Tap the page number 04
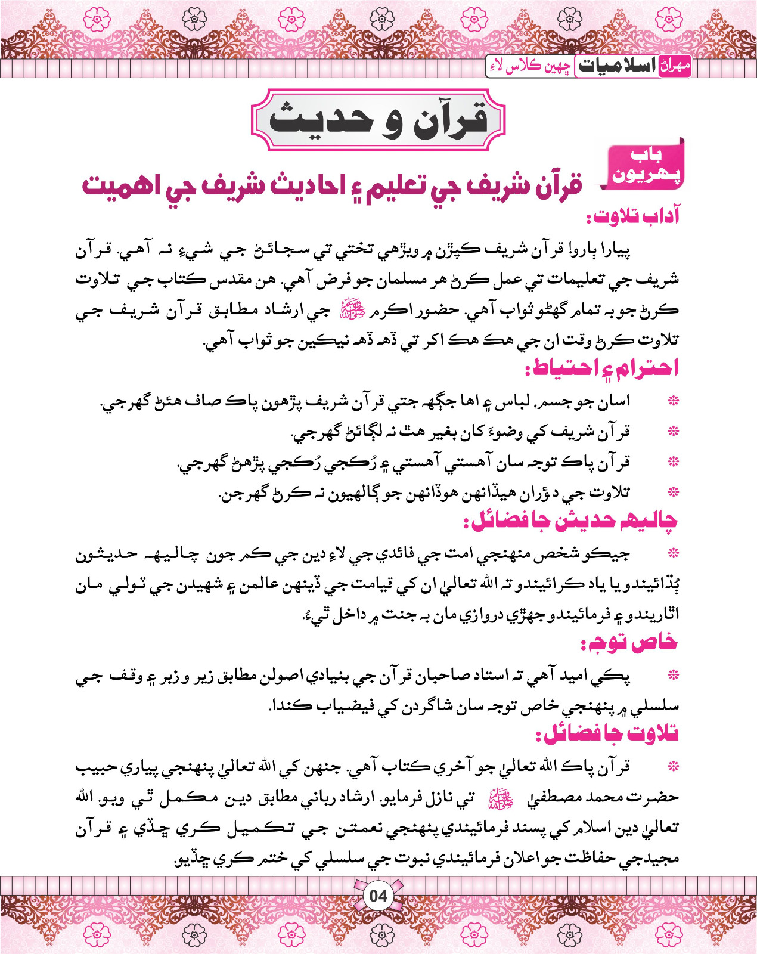(378, 896)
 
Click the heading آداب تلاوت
(633, 216)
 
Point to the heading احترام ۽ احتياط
(602, 368)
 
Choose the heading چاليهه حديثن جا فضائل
(571, 521)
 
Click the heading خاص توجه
(629, 643)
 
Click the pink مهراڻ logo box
(676, 66)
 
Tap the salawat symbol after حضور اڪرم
(347, 310)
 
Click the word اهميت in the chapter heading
(119, 185)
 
